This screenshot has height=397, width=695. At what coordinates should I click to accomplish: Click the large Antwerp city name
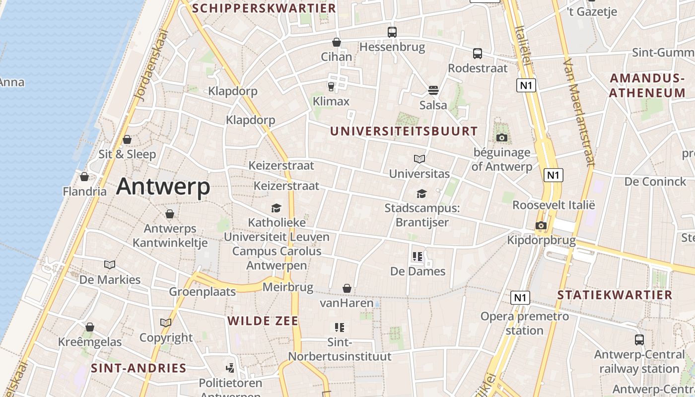163,187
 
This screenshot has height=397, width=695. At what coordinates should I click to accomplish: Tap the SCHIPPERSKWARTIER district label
264,8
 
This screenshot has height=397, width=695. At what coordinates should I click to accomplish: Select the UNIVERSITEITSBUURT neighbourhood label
404,132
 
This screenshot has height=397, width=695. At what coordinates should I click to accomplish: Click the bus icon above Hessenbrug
392,32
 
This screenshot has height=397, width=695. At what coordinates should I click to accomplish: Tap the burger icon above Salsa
433,90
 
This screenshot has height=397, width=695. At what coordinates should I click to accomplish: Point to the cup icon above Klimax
331,87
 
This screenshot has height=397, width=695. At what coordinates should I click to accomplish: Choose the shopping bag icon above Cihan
337,42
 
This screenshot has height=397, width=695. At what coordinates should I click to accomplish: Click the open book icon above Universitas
419,159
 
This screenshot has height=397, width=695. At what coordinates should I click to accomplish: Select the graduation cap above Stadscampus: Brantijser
421,194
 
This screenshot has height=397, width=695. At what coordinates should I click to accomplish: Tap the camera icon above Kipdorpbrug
541,226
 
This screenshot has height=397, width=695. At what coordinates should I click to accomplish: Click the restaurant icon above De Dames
417,257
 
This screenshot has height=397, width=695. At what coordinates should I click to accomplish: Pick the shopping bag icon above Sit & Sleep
127,139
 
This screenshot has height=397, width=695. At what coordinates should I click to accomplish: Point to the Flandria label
85,192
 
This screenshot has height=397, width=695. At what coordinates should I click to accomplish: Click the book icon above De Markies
110,265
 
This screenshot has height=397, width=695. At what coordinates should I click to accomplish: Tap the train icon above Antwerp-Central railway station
639,340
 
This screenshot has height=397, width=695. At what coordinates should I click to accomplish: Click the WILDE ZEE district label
263,321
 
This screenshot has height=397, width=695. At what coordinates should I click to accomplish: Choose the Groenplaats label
203,291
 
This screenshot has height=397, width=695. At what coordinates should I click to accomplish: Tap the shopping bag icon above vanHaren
347,288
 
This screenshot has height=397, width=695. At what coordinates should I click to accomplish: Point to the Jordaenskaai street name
152,65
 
